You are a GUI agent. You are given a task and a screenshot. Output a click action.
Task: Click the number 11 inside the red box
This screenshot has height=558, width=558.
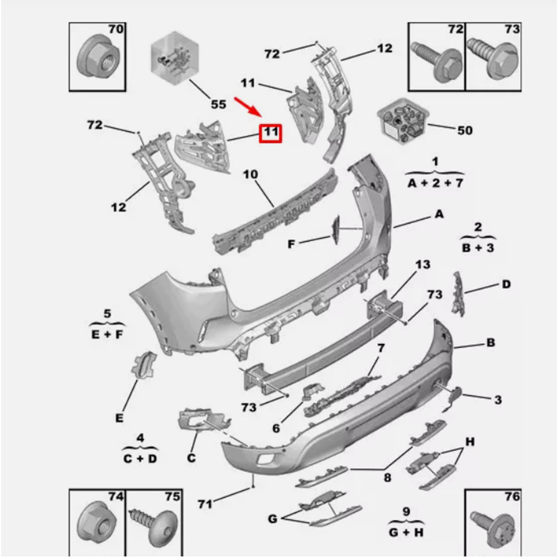coord(271,133)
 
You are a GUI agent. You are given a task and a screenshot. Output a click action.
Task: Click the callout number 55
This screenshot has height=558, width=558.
coord(218,104)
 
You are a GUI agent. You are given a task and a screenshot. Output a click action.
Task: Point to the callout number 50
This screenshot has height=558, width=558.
coord(464,131)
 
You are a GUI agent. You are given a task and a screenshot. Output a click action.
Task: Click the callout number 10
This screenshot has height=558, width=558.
coord(251,175)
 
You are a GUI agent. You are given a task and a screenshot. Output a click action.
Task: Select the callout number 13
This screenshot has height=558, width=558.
coord(423,264)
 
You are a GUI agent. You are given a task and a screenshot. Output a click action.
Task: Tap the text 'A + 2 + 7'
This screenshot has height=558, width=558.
coord(435,182)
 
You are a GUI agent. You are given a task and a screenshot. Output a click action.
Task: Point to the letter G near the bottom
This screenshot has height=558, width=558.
coord(272,519)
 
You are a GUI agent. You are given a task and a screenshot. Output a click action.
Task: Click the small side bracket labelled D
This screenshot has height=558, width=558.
coord(458,294)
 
